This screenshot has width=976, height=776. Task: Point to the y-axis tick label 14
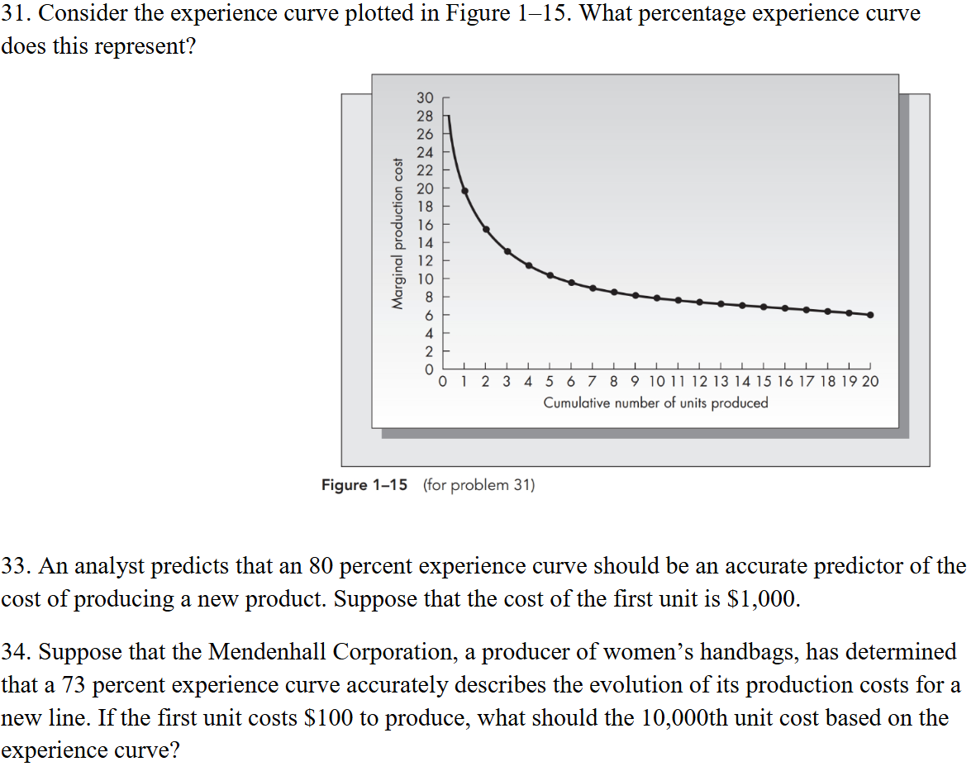(x=425, y=243)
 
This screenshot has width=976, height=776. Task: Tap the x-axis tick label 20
(x=871, y=382)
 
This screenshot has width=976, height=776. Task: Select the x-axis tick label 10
(x=656, y=382)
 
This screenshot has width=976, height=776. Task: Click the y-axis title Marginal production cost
(x=398, y=234)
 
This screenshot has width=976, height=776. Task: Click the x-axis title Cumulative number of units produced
(x=655, y=403)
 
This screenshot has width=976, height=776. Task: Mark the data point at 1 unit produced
(x=464, y=191)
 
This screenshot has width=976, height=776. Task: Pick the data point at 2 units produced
(x=486, y=229)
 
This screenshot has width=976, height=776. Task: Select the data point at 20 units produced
(x=870, y=315)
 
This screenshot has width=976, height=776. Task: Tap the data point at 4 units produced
(x=528, y=265)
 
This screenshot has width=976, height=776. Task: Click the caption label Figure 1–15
(x=364, y=485)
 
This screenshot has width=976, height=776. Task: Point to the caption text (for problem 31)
(x=478, y=485)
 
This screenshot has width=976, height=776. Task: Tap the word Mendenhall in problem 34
(x=269, y=652)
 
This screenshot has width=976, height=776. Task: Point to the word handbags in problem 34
(x=747, y=652)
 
